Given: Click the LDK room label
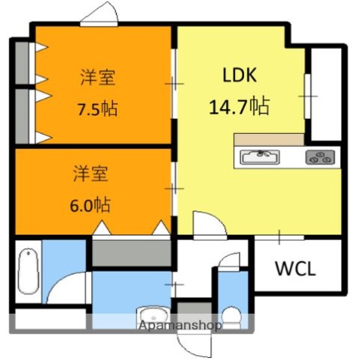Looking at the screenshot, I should pos(239,75).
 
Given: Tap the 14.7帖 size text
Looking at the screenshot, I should pos(239,105).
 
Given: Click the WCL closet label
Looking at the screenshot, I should pos(294,268).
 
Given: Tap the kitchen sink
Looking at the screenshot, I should pos(261,157).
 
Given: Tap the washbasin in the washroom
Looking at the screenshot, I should pos(151,317).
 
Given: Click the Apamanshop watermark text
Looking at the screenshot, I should pos(179,326).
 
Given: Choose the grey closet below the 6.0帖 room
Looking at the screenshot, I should pos(132,250).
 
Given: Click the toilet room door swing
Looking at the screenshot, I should pos(224,268).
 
